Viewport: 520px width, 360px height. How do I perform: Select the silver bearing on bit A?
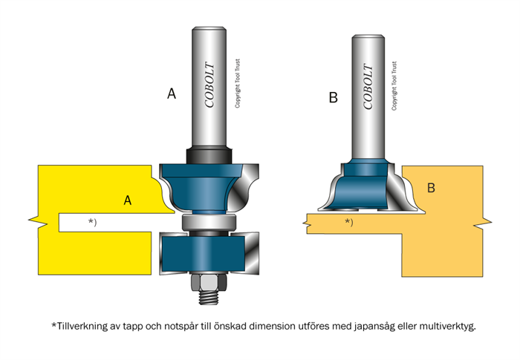tap(209, 221)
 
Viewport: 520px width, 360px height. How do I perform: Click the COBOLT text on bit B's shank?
tap(367, 87)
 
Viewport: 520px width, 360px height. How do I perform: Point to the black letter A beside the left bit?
tap(172, 94)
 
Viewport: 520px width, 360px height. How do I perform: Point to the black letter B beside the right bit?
tap(333, 97)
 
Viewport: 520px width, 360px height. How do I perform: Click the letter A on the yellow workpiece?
tap(128, 200)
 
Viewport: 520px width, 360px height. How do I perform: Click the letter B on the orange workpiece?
tap(431, 189)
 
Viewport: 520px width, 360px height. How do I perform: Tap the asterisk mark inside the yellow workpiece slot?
tap(92, 221)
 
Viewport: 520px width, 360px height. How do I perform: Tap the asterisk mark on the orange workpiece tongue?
tap(348, 221)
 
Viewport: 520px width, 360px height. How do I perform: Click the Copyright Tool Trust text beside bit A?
tap(238, 86)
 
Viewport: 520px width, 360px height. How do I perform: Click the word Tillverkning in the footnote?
tap(81, 326)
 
